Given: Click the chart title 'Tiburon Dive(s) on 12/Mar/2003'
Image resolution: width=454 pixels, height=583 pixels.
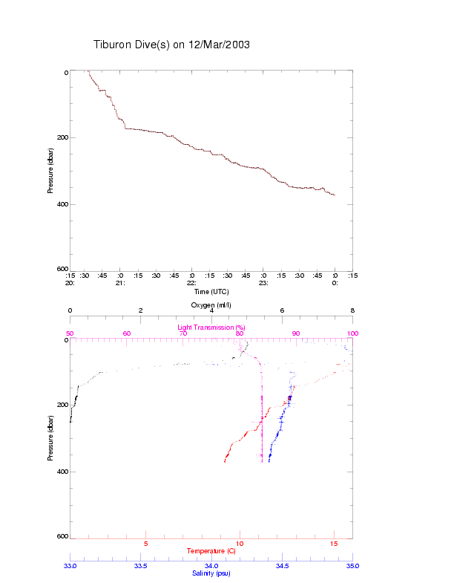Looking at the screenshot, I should tap(171, 45).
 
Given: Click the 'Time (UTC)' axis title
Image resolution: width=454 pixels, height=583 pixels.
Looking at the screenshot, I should tap(211, 292).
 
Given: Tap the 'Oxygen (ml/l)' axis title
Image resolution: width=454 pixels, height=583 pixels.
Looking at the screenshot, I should tap(211, 306).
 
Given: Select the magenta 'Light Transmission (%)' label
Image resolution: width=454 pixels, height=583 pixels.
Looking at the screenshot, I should tap(211, 328).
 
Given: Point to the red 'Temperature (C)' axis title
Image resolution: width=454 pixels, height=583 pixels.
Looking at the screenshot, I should tap(211, 551).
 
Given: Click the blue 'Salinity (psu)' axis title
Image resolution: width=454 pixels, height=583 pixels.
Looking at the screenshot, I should tap(211, 573).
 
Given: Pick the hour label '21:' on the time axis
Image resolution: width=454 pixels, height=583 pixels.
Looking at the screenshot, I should tap(120, 283).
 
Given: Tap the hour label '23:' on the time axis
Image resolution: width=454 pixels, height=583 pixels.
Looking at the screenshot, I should tap(263, 283).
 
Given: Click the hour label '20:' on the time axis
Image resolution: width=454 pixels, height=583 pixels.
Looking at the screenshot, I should tap(70, 283).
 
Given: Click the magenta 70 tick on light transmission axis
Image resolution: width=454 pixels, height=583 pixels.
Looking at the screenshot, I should tap(183, 333).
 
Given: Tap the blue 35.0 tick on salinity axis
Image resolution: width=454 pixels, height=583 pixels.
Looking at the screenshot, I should tap(352, 566).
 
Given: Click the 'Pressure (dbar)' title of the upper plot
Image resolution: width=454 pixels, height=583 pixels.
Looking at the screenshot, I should tap(50, 170).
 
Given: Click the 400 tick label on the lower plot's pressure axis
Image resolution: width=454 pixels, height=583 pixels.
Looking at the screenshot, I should tap(62, 472).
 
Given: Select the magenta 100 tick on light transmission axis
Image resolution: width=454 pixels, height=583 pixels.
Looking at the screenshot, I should tap(352, 333).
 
